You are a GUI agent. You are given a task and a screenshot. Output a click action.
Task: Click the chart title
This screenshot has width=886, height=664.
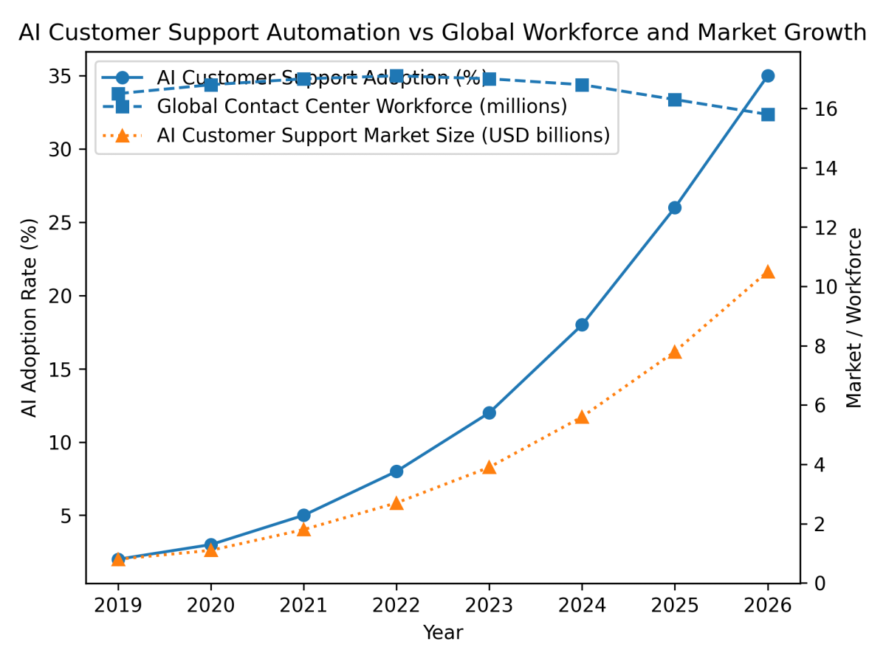point(442,32)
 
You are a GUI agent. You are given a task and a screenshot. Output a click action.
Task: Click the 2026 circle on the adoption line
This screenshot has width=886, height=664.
point(768,76)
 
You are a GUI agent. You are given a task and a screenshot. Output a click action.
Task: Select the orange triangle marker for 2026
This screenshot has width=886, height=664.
point(768,272)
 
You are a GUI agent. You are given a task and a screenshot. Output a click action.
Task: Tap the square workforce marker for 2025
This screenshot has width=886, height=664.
point(675,100)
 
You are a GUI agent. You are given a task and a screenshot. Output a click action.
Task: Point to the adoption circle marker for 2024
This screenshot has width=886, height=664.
point(582,325)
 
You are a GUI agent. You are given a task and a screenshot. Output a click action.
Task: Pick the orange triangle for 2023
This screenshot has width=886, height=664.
point(489,467)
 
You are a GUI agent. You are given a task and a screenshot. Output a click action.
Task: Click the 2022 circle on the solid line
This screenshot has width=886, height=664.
point(396,471)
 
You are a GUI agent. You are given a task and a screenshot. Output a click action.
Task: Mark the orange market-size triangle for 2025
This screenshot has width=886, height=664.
point(675,352)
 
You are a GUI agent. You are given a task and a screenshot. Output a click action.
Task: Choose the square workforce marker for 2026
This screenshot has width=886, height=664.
point(768,114)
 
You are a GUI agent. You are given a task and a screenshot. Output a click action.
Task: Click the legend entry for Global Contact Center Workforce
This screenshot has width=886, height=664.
point(362,106)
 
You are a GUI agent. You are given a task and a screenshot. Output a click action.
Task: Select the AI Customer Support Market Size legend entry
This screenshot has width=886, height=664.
point(383,136)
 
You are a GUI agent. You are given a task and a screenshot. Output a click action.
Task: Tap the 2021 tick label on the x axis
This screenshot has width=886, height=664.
point(303,606)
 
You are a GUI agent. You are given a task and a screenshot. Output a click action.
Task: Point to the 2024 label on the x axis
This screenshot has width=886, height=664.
point(582,606)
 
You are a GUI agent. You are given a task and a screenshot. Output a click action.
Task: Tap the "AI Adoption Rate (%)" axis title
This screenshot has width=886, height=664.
point(30,318)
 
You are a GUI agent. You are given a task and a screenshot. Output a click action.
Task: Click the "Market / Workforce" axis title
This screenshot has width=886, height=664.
point(854,318)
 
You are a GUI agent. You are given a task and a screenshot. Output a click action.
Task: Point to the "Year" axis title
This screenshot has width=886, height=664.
point(442,632)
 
